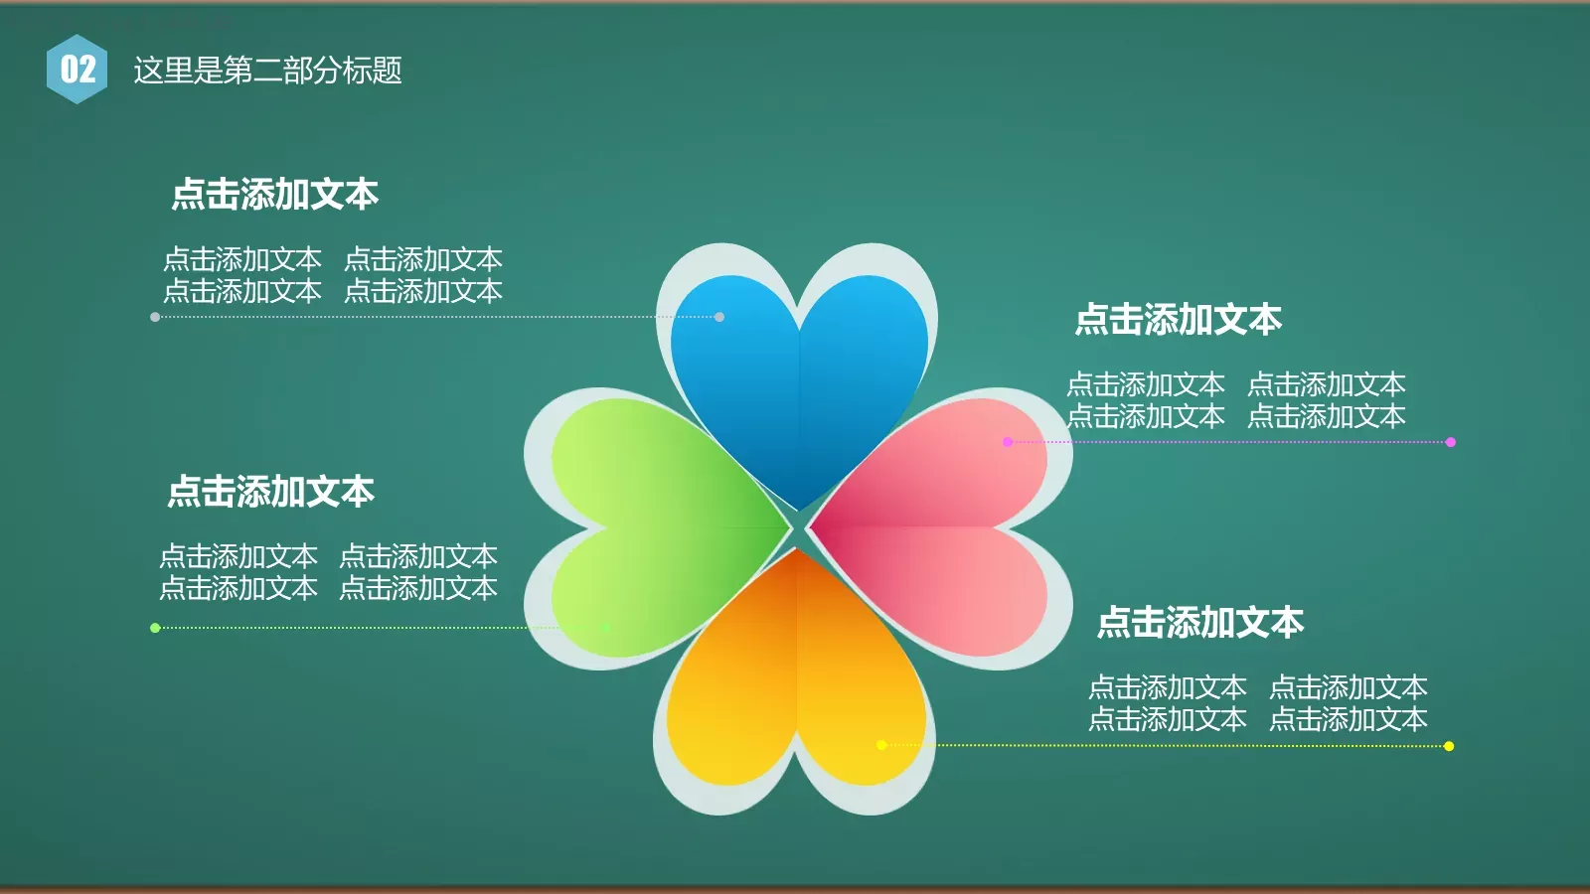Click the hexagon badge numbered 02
77,69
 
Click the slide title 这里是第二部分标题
267,71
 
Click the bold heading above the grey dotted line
275,195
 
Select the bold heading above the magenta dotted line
1179,320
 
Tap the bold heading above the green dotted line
271,492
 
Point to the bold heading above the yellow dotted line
1200,623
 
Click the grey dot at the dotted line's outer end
155,317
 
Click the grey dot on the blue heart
719,317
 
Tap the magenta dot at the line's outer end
1451,442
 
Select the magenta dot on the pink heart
1008,442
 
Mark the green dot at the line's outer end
155,628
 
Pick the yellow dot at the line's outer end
1449,746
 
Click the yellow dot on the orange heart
881,745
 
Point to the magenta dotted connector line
1232,442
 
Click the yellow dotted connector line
1163,745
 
